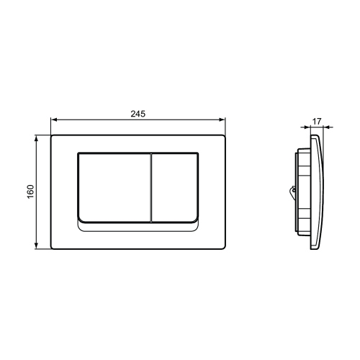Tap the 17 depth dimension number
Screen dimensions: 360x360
point(317,122)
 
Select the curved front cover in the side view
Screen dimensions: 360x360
point(315,191)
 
